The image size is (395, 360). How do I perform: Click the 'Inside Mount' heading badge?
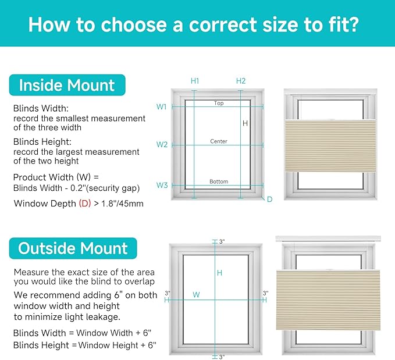pos(67,85)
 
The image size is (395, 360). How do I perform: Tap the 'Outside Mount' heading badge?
pos(73,248)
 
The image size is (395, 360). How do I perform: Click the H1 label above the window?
pos(195,81)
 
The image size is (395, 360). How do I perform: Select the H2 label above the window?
pos(241,81)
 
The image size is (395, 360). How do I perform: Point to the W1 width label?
pos(162,107)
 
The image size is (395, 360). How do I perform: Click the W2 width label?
pos(162,145)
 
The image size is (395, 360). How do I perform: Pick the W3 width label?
pos(162,185)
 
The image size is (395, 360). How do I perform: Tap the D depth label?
pos(269,199)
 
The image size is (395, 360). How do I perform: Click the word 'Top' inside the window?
pos(219,103)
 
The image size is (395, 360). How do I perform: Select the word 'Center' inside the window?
pos(219,141)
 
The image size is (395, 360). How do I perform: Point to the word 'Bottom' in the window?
pos(219,181)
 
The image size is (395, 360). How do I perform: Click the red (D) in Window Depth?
pos(85,204)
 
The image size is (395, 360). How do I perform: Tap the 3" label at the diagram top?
pos(222,241)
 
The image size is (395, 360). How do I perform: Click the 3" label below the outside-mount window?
pos(222,357)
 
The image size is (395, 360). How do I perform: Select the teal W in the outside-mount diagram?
pos(196,294)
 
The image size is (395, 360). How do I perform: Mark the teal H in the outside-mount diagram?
pos(219,273)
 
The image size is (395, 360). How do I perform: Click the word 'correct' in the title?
pos(223,25)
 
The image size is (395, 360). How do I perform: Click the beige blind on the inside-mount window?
pos(330,146)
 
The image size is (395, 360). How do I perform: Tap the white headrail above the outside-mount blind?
pos(328,238)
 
